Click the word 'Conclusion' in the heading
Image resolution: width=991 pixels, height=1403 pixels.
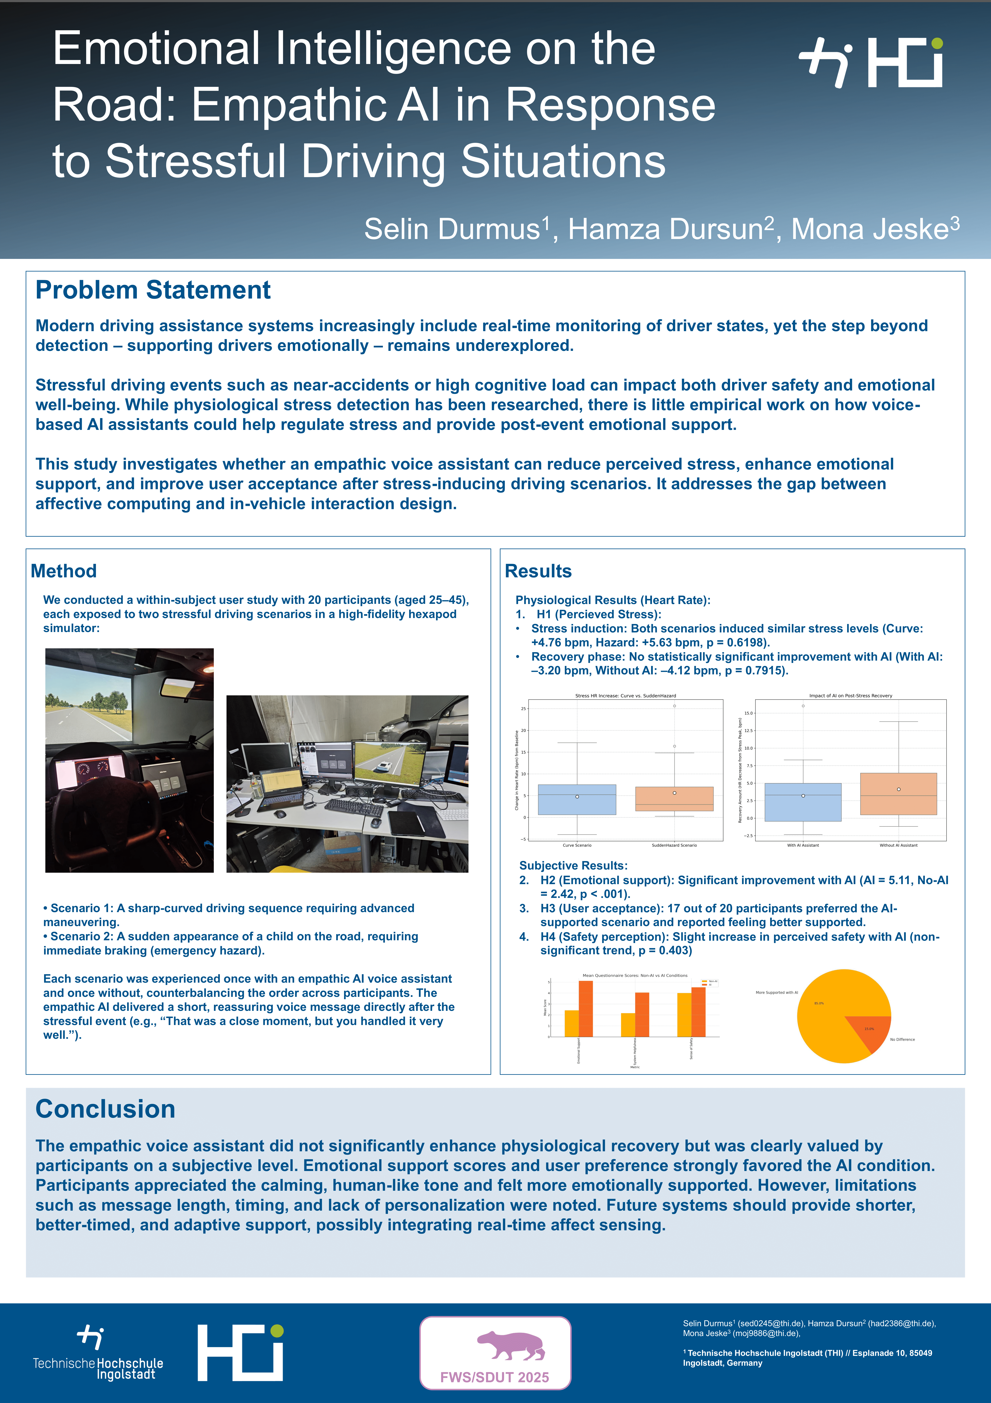(105, 1109)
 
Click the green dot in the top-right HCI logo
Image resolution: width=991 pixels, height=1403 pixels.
(937, 43)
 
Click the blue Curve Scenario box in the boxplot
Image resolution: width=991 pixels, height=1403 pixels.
(577, 799)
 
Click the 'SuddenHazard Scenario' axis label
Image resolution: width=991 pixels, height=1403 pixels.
(674, 845)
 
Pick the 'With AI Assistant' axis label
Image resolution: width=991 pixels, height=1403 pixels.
(803, 845)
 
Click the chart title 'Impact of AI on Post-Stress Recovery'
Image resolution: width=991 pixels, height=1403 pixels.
(851, 695)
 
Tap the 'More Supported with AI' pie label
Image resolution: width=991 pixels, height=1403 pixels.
(777, 992)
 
